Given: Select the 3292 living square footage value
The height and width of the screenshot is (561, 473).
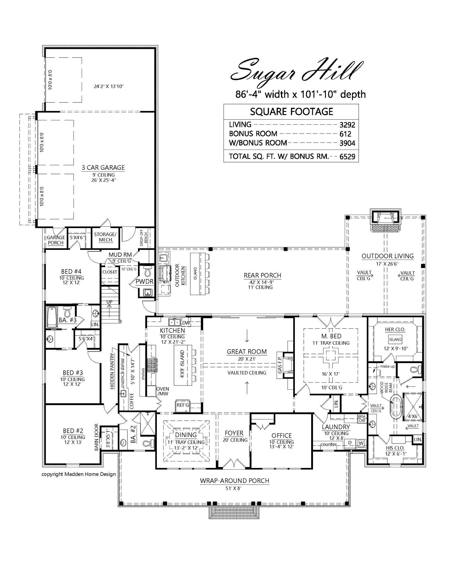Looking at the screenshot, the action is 347,125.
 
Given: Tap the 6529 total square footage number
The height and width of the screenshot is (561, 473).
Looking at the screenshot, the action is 347,157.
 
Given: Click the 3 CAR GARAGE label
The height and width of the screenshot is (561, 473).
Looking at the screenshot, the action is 103,168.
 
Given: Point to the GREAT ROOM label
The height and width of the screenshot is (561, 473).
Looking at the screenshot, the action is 247,352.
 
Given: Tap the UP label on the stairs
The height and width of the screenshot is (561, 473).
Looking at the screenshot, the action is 109,302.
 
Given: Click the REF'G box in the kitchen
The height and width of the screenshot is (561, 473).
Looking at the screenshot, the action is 183,405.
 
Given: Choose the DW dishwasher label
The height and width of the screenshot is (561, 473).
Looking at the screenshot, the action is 186,323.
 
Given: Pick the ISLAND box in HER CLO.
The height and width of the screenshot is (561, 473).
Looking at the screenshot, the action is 395,339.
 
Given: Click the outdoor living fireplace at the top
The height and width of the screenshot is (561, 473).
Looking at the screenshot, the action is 385,221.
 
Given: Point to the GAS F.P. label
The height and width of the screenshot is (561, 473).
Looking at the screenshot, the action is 280,365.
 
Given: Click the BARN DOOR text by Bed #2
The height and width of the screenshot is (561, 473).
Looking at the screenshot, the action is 96,437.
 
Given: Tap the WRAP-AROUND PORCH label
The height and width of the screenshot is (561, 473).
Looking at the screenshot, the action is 235,481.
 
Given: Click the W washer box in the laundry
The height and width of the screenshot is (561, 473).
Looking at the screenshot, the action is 361,443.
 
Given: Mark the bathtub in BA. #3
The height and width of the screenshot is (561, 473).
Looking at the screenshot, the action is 52,317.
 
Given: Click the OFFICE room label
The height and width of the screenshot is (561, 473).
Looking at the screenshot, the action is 281,435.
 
